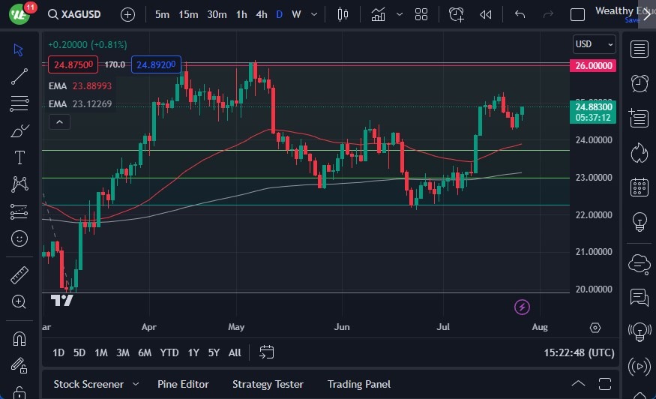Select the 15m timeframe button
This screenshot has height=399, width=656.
tap(188, 14)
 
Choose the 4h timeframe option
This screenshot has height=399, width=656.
tap(261, 14)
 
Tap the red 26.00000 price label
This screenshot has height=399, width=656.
tap(593, 66)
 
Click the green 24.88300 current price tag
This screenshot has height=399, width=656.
tap(594, 107)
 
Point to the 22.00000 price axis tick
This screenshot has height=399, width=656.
tap(595, 215)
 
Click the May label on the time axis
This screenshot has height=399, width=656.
tap(237, 327)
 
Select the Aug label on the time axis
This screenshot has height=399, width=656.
tap(540, 327)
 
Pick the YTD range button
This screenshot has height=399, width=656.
tap(169, 352)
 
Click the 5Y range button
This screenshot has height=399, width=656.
tap(214, 352)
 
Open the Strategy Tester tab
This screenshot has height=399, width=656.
tap(268, 384)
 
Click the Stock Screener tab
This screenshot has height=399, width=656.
tap(88, 384)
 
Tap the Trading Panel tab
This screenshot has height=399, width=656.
tap(358, 384)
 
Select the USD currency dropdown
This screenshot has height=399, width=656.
tap(594, 44)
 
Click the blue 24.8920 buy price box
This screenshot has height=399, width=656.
tap(156, 64)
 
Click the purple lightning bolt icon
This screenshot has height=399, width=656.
tap(523, 307)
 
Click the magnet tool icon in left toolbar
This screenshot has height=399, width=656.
tap(19, 338)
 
